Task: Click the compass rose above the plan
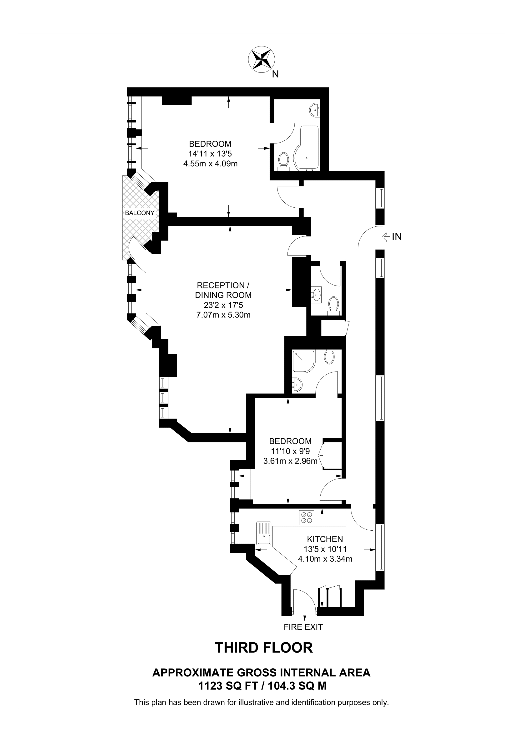click(x=262, y=60)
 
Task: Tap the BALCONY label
click(x=140, y=213)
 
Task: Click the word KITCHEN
click(x=325, y=539)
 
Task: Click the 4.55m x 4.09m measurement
click(x=211, y=164)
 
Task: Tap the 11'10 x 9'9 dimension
click(x=290, y=451)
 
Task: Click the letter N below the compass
click(x=275, y=74)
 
